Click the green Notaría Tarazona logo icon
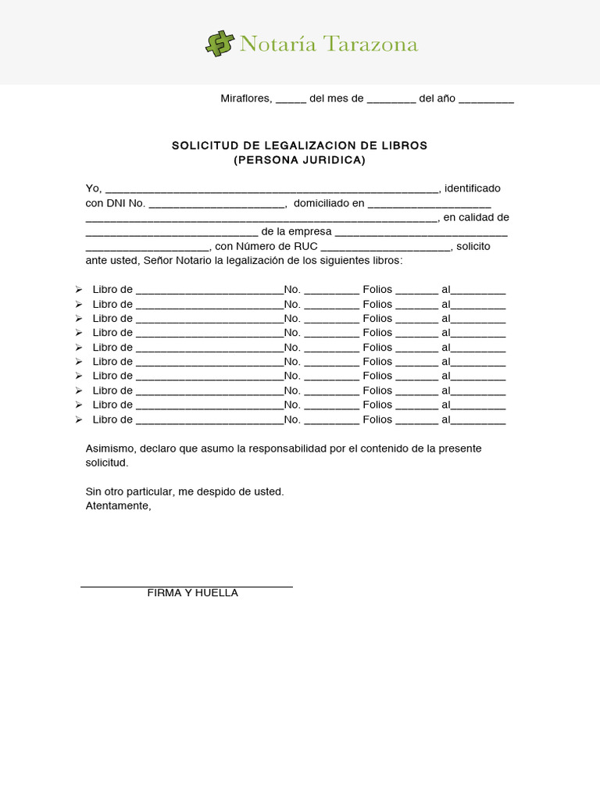click(x=220, y=43)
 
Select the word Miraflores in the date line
click(x=245, y=98)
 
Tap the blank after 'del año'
click(x=486, y=99)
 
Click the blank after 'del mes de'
click(x=391, y=99)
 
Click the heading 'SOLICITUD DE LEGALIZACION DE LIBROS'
click(x=299, y=146)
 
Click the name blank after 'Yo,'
click(x=273, y=189)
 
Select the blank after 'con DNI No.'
click(x=216, y=204)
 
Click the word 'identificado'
click(x=473, y=189)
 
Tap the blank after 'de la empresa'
click(x=422, y=232)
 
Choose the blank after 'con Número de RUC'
click(x=386, y=247)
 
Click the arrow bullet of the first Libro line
click(x=78, y=290)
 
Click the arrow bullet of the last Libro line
click(x=78, y=420)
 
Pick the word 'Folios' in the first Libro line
click(x=377, y=290)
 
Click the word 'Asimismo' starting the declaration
click(x=109, y=448)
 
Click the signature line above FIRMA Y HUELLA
click(x=187, y=586)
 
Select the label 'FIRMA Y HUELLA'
click(x=192, y=594)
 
